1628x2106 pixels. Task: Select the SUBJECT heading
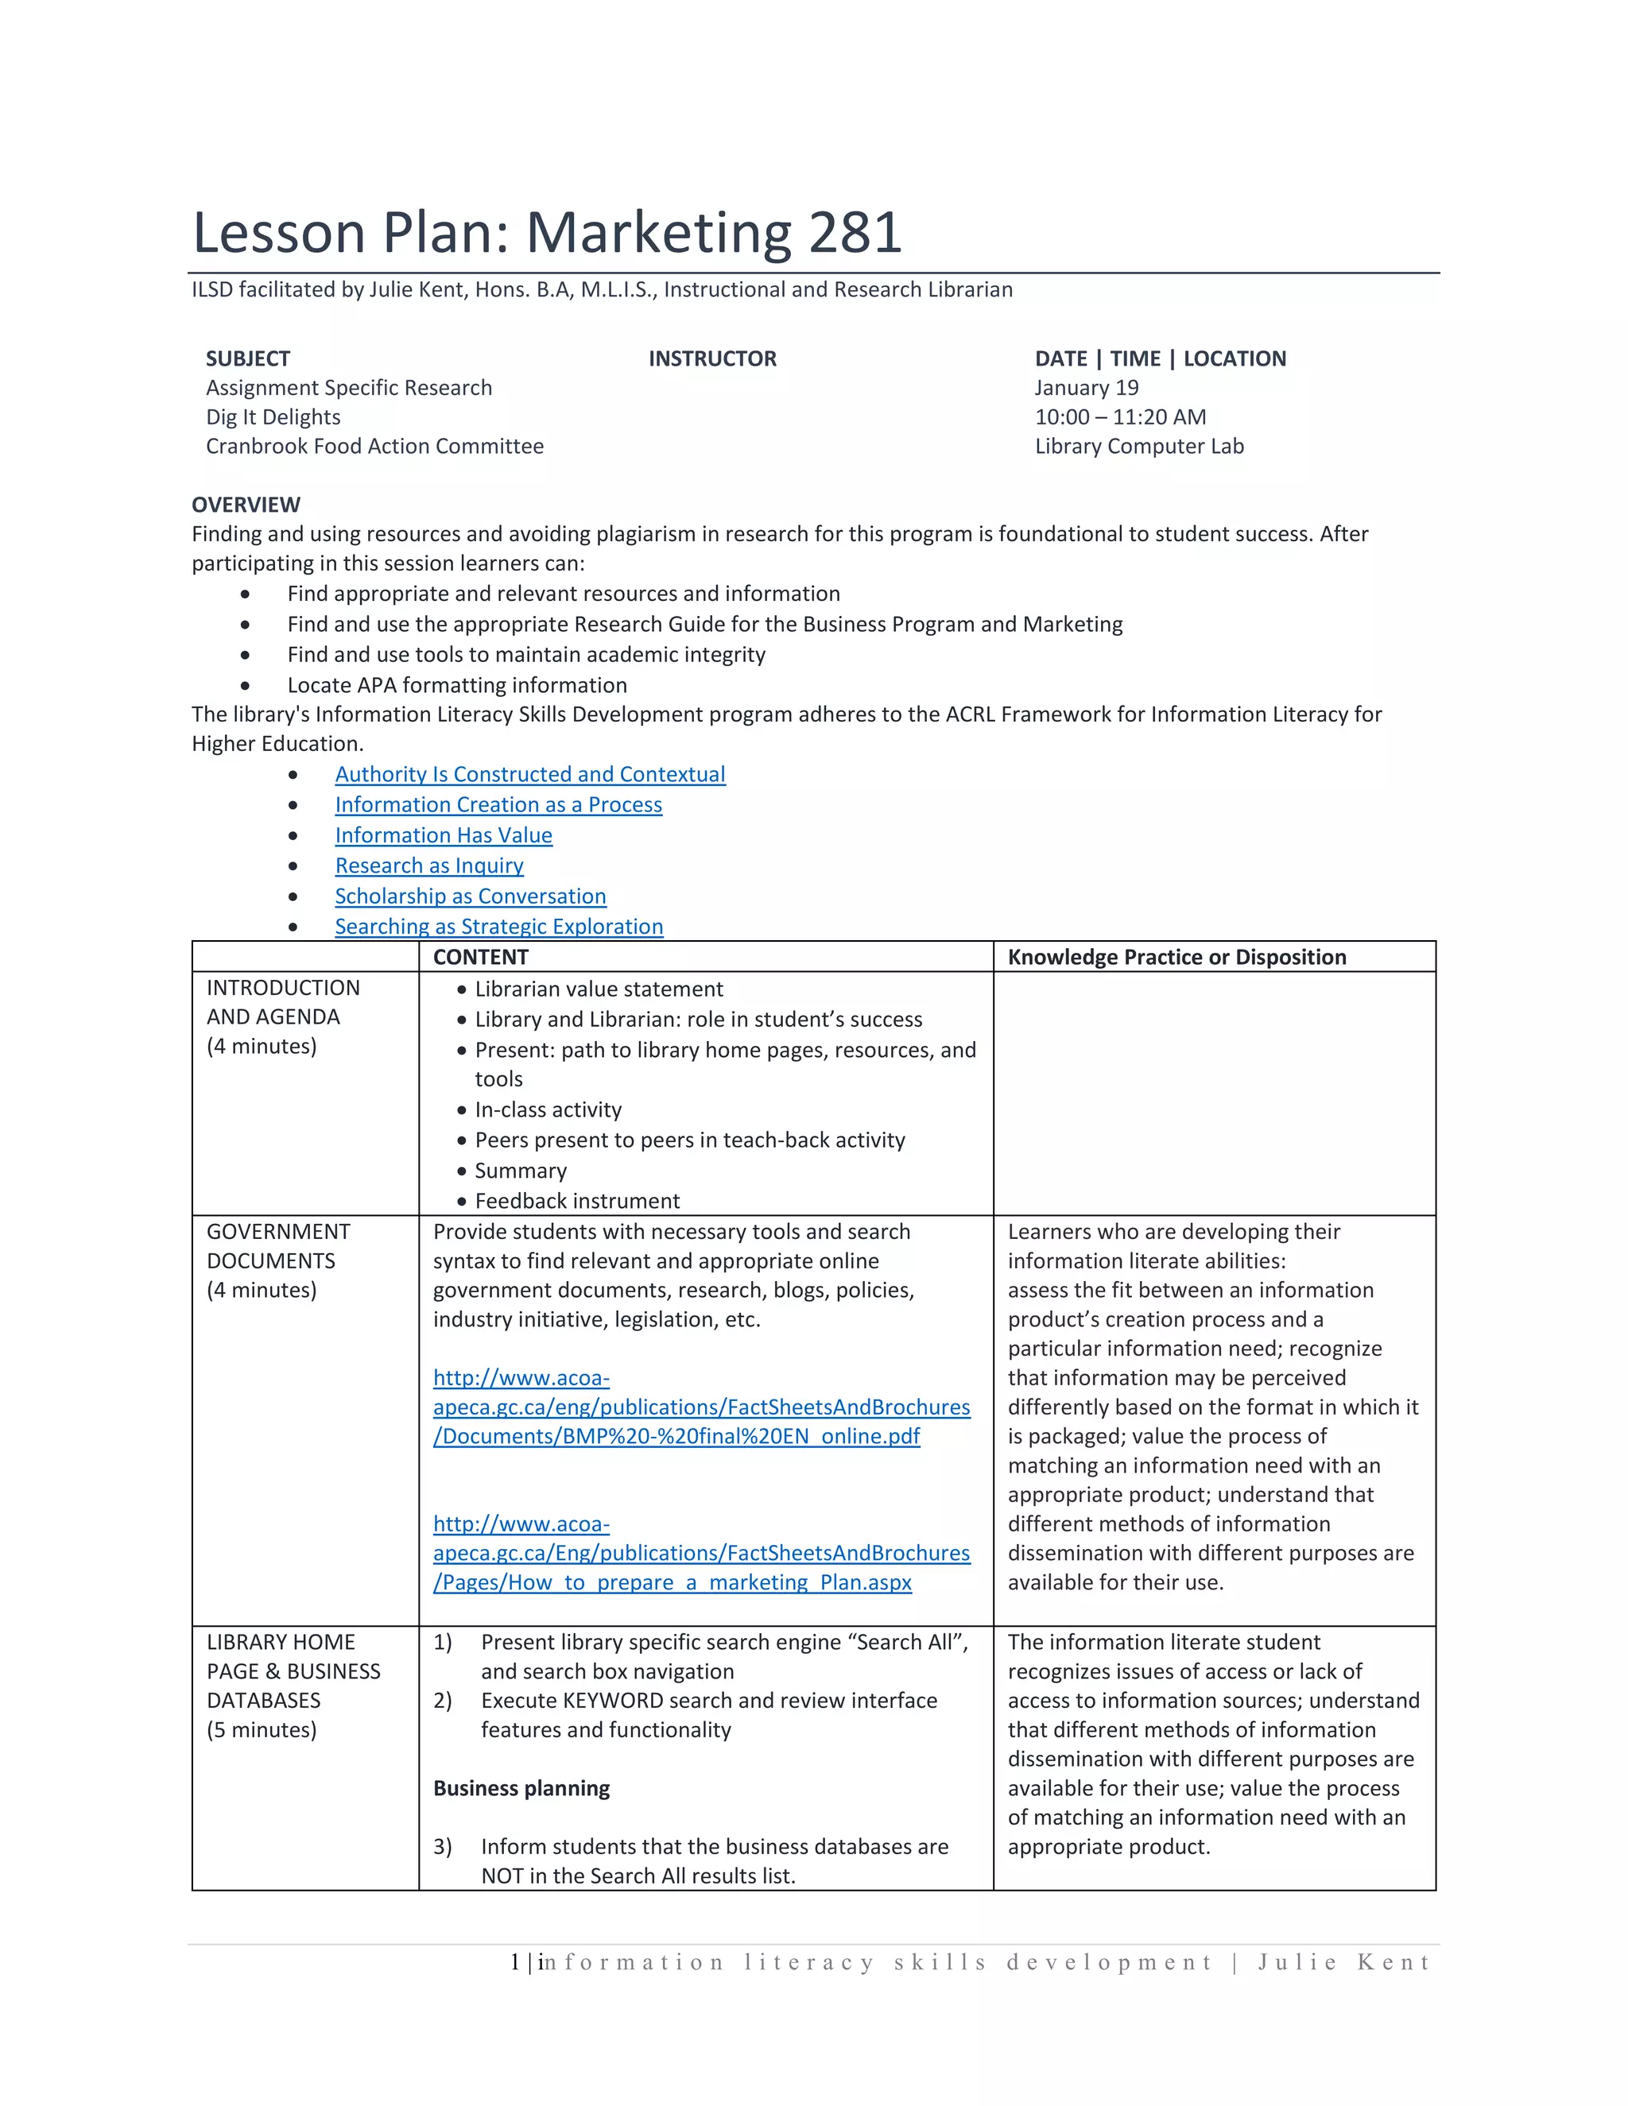[248, 358]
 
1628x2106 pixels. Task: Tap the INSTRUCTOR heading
[711, 358]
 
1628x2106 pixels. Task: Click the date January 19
[1086, 388]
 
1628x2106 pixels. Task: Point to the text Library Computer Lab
[1139, 447]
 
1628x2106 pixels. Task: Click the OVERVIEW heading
[246, 505]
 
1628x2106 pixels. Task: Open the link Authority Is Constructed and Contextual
[529, 774]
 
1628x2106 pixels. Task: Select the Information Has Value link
[444, 835]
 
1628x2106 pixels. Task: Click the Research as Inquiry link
[429, 866]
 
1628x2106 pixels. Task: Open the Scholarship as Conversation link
[471, 896]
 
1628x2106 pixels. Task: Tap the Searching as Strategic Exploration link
[498, 927]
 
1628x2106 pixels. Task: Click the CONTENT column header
[480, 957]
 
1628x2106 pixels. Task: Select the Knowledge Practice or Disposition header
[1176, 957]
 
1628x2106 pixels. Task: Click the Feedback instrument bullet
[577, 1201]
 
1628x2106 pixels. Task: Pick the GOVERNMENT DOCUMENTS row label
[277, 1246]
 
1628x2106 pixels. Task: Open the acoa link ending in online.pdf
[701, 1407]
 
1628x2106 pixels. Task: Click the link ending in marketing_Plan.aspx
[701, 1554]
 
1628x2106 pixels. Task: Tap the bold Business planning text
[521, 1788]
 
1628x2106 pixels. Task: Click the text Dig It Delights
[273, 416]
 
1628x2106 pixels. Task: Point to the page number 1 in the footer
[515, 1961]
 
